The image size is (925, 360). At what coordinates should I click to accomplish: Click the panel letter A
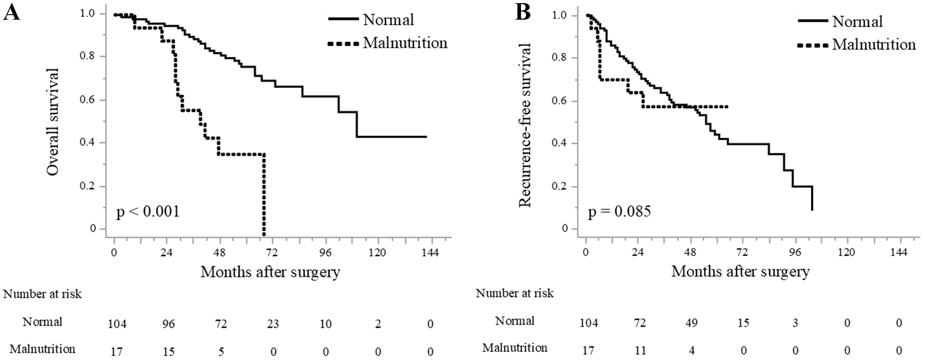pyautogui.click(x=12, y=14)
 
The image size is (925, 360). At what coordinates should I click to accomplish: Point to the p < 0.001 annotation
pyautogui.click(x=147, y=212)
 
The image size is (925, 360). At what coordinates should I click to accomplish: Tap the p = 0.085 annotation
pyautogui.click(x=619, y=212)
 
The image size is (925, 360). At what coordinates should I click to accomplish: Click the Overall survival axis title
pyautogui.click(x=53, y=122)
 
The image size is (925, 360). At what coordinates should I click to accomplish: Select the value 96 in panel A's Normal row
pyautogui.click(x=168, y=324)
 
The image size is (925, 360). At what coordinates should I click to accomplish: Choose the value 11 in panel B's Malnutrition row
pyautogui.click(x=640, y=350)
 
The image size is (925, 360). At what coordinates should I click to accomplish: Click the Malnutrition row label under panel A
pyautogui.click(x=42, y=349)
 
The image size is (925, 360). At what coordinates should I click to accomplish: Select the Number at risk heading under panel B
pyautogui.click(x=515, y=294)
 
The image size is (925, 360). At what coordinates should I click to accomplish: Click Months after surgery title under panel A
pyautogui.click(x=270, y=272)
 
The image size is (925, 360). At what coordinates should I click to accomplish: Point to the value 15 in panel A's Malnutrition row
pyautogui.click(x=168, y=351)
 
